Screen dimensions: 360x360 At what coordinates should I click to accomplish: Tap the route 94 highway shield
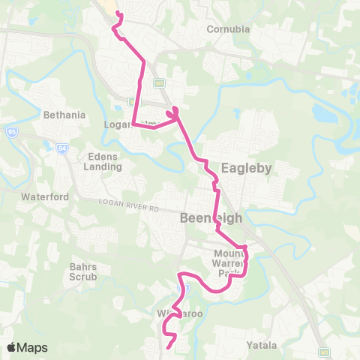pyautogui.click(x=61, y=148)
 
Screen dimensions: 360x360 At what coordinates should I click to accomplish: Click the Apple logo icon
pyautogui.click(x=12, y=347)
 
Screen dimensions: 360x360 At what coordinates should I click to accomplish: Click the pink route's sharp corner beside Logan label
pyautogui.click(x=133, y=124)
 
